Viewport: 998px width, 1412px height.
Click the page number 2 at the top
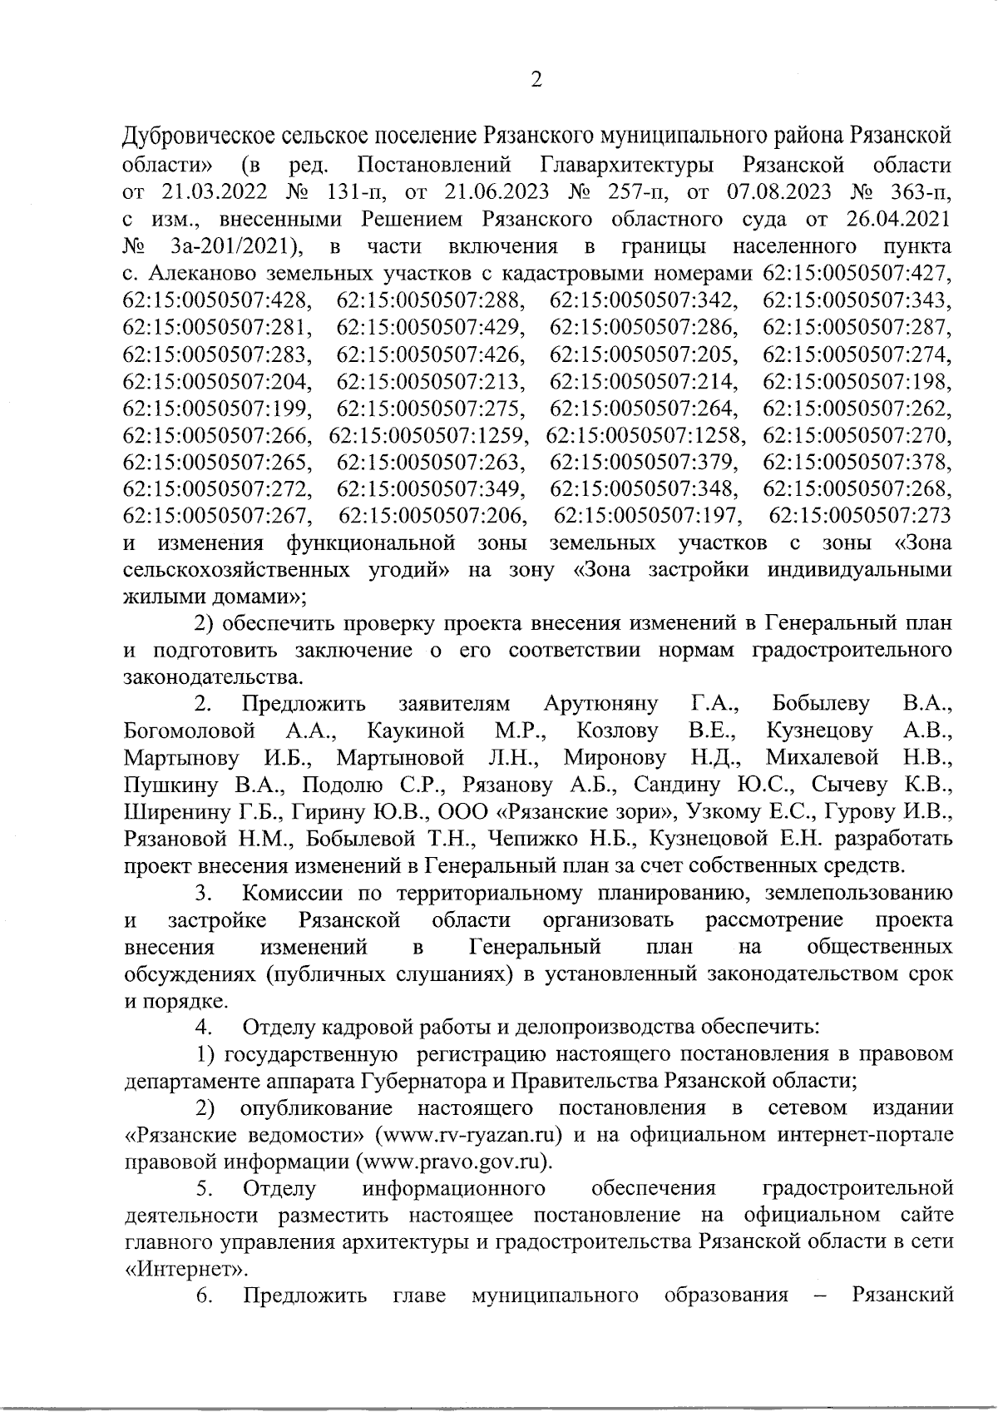[536, 80]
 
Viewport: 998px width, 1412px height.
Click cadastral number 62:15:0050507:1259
[427, 434]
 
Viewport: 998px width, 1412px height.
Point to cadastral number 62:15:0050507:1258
[646, 434]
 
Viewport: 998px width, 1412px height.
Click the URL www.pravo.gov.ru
[453, 1161]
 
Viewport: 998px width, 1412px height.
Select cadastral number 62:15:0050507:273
[861, 516]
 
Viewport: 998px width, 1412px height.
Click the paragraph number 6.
[203, 1296]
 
